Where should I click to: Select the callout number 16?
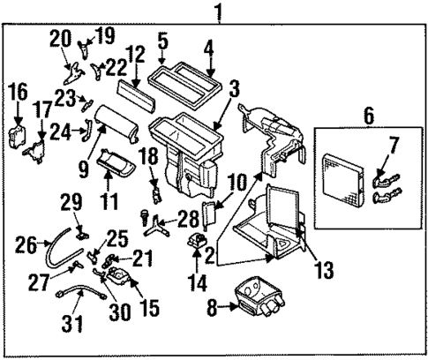tap(19, 91)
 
